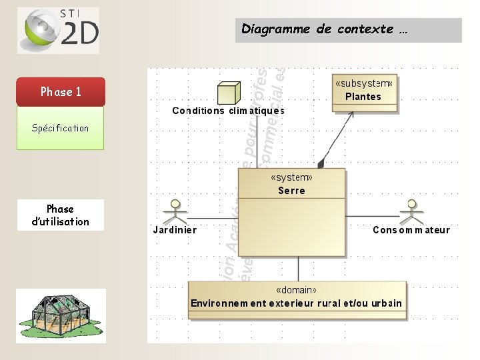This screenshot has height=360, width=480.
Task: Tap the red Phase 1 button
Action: (x=61, y=92)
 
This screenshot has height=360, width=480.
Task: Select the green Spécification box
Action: (x=61, y=128)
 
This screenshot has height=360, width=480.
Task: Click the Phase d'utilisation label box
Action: (x=61, y=215)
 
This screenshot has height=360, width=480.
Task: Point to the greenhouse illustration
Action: (x=61, y=316)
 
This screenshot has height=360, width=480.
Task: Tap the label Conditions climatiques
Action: (x=229, y=111)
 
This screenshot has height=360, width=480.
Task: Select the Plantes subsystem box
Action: (x=364, y=93)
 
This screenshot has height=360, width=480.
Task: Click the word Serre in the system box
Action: (x=292, y=191)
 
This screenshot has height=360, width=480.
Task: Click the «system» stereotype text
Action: (x=292, y=178)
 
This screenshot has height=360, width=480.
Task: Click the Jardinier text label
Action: (x=175, y=230)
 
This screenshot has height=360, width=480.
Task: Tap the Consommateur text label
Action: (x=411, y=230)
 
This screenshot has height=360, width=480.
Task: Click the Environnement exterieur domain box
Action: (x=297, y=299)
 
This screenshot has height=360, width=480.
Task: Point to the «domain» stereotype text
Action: (x=297, y=291)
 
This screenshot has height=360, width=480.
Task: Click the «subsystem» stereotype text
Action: (x=364, y=83)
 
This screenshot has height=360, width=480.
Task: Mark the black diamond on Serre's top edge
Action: (x=321, y=163)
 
